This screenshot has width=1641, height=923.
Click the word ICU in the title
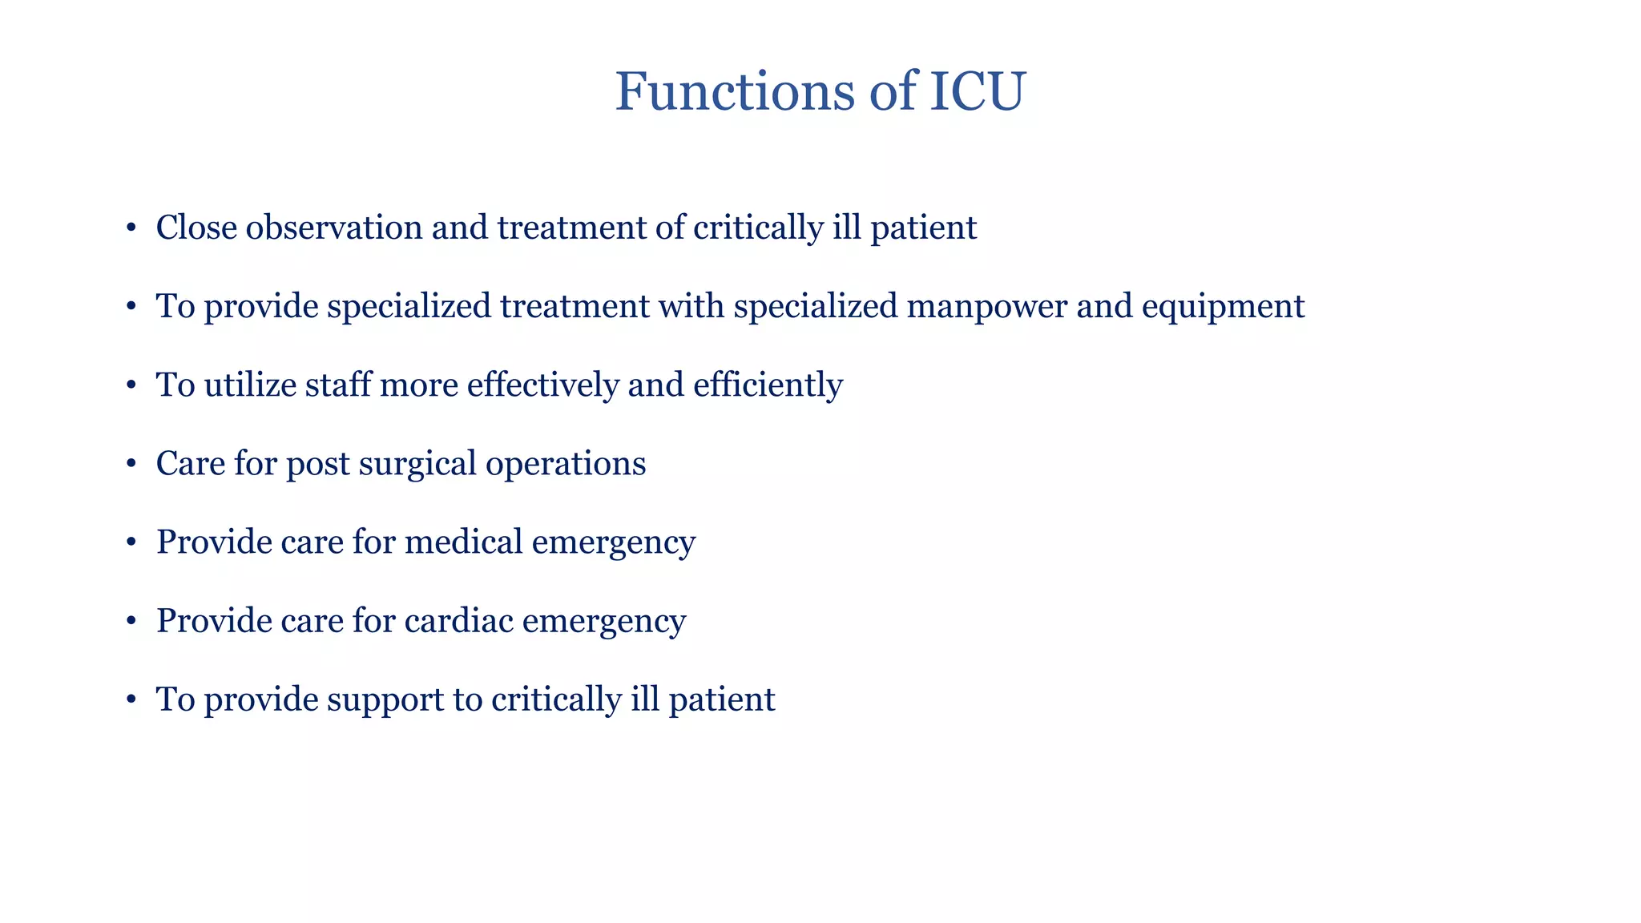click(x=977, y=91)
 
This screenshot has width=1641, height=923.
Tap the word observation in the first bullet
click(x=334, y=228)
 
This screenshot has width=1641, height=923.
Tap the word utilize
click(x=250, y=385)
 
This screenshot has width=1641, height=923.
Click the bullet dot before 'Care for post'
click(x=131, y=465)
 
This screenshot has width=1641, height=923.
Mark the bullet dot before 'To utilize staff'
click(x=131, y=386)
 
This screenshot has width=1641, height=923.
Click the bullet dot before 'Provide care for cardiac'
click(x=131, y=622)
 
